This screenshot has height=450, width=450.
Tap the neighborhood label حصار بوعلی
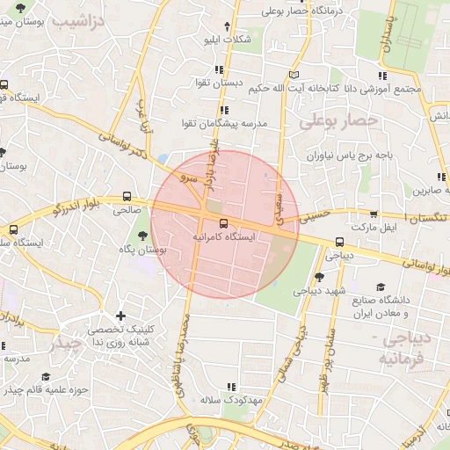(x=338, y=120)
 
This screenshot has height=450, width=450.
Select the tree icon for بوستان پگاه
(x=143, y=235)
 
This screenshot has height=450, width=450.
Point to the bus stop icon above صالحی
(x=128, y=196)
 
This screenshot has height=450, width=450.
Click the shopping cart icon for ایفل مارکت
(x=374, y=214)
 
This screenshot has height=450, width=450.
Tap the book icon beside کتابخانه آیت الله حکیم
(x=294, y=75)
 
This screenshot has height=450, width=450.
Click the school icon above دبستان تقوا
(x=219, y=69)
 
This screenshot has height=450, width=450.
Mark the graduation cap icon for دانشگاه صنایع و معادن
(x=381, y=287)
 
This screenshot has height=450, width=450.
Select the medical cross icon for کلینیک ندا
(x=120, y=316)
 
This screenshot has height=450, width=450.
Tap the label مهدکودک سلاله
(x=231, y=400)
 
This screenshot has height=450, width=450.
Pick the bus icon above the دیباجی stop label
(x=339, y=243)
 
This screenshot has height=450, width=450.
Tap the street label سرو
(x=186, y=178)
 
